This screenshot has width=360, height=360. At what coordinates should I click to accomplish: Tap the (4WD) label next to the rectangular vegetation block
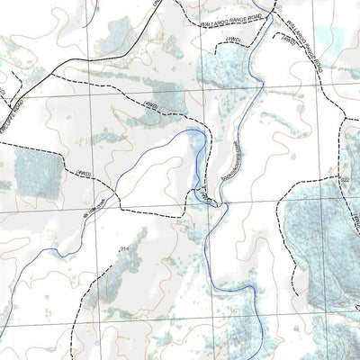(84, 171)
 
